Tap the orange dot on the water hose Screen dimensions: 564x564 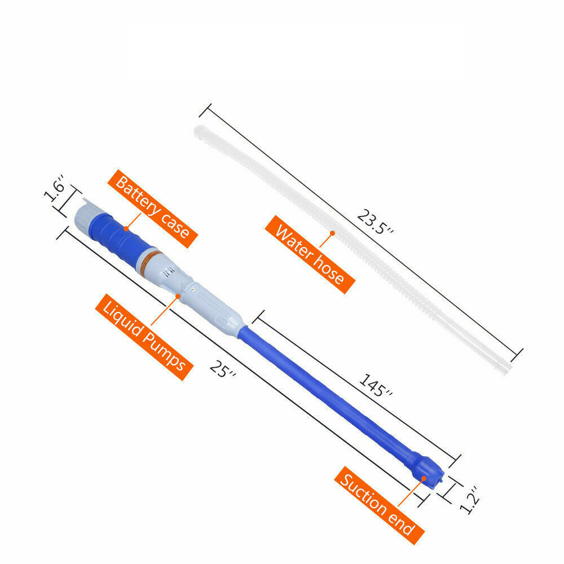pyautogui.click(x=333, y=232)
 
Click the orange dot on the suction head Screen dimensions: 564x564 pyautogui.click(x=423, y=478)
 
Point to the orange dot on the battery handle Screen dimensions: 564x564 pyautogui.click(x=126, y=230)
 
